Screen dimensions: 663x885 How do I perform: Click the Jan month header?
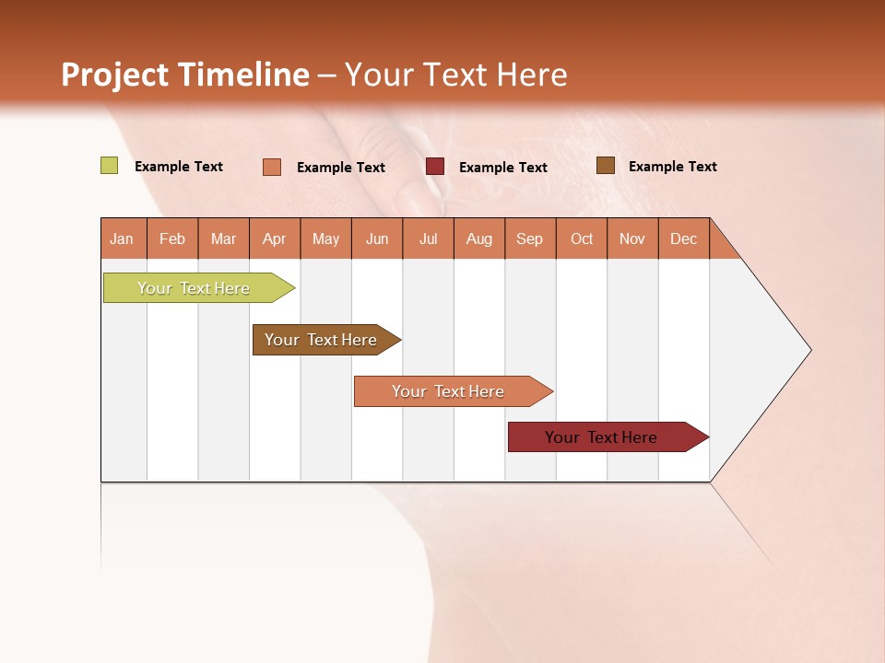122,238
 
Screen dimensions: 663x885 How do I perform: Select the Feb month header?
172,238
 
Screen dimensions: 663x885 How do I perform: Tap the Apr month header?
274,238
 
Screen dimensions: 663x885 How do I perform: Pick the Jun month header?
377,238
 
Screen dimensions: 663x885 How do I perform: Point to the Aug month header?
478,238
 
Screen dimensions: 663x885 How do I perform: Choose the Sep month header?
529,238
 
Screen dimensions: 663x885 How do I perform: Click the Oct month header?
582,238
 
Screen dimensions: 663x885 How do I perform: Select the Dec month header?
683,238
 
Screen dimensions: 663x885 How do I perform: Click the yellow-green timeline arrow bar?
194,288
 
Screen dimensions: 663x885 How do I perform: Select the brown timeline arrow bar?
321,340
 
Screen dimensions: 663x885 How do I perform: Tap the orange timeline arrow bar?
448,391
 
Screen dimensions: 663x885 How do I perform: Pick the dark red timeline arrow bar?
601,437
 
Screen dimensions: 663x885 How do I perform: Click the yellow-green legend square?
110,166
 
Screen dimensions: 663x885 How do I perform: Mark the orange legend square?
272,167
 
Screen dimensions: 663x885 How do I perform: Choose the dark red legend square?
435,166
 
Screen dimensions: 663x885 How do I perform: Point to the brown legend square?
605,166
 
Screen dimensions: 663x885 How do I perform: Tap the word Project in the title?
114,75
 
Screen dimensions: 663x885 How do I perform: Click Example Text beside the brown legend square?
672,167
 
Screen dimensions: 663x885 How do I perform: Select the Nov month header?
632,238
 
